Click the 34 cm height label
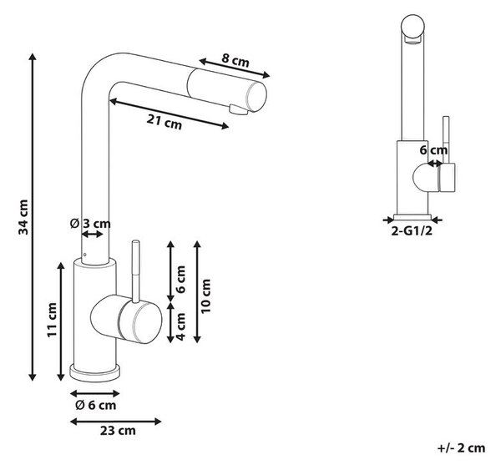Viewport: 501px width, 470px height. [23, 217]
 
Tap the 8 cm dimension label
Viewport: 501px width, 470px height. [235, 59]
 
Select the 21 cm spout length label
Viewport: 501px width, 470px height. [164, 122]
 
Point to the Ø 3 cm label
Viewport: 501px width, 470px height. [90, 224]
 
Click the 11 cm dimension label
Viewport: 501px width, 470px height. [52, 320]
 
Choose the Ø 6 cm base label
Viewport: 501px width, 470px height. [95, 405]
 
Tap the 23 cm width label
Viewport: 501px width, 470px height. [118, 431]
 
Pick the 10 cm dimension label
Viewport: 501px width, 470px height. [205, 296]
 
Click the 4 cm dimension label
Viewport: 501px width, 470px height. [180, 326]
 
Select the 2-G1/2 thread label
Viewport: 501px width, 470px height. [412, 230]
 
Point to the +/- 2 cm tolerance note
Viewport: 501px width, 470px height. [462, 448]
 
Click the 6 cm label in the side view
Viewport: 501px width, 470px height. [433, 150]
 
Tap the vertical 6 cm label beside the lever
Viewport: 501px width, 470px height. [180, 279]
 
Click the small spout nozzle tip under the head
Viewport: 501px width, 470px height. [238, 109]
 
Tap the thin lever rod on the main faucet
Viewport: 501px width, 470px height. [136, 271]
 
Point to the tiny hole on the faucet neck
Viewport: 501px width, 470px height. [85, 255]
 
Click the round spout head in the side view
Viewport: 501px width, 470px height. [412, 26]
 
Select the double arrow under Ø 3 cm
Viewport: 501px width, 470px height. [93, 235]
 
